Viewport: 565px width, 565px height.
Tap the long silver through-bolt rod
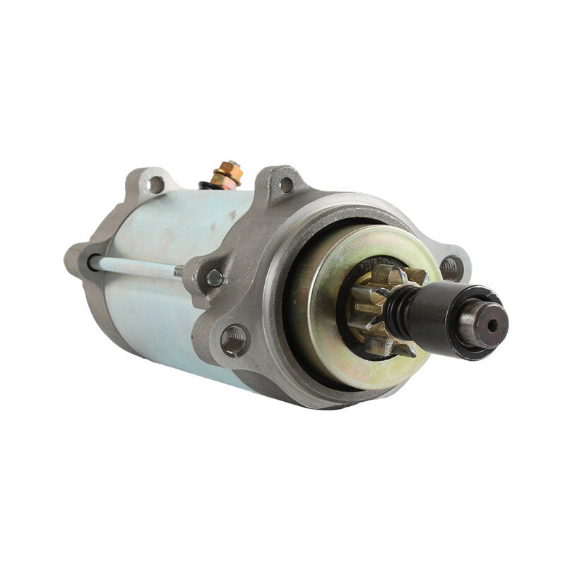pyautogui.click(x=134, y=266)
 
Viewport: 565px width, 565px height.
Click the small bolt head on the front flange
pyautogui.click(x=214, y=278)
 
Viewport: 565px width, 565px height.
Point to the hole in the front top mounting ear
pyautogui.click(x=286, y=185)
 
